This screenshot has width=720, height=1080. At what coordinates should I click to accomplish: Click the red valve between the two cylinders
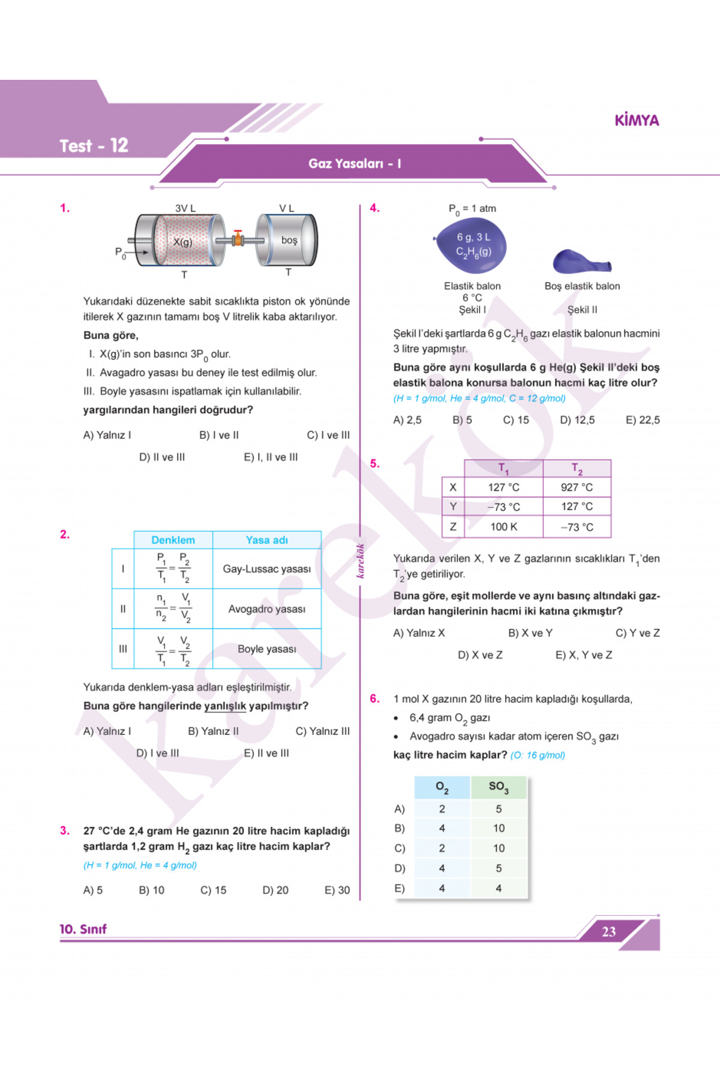[x=238, y=238]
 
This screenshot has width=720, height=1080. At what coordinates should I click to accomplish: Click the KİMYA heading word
[x=637, y=121]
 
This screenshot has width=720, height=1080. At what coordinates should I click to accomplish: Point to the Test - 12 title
[x=94, y=146]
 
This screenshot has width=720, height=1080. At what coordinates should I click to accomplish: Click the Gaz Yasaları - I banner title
[x=355, y=163]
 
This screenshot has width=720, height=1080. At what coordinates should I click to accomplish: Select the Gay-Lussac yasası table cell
[x=266, y=569]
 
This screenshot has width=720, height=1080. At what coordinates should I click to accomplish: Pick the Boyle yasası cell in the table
[x=266, y=649]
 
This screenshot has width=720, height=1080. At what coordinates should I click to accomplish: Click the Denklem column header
[x=173, y=540]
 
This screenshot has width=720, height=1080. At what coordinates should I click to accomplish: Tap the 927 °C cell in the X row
[x=577, y=487]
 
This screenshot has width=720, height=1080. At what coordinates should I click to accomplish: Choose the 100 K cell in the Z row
[x=503, y=527]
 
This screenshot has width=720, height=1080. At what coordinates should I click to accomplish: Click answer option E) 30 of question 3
[x=337, y=890]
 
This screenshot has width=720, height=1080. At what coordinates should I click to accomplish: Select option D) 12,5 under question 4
[x=577, y=420]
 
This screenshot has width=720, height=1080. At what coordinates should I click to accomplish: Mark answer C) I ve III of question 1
[x=328, y=435]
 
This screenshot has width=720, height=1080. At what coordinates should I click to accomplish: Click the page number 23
[x=608, y=932]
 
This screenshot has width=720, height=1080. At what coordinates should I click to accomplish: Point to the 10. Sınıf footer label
[x=83, y=929]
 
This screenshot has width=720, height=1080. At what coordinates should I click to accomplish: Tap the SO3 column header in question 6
[x=498, y=787]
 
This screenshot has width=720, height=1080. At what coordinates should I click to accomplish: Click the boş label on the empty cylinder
[x=289, y=240]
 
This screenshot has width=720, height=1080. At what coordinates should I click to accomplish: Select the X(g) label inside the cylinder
[x=182, y=242]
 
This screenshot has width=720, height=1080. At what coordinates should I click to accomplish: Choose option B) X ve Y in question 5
[x=530, y=633]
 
